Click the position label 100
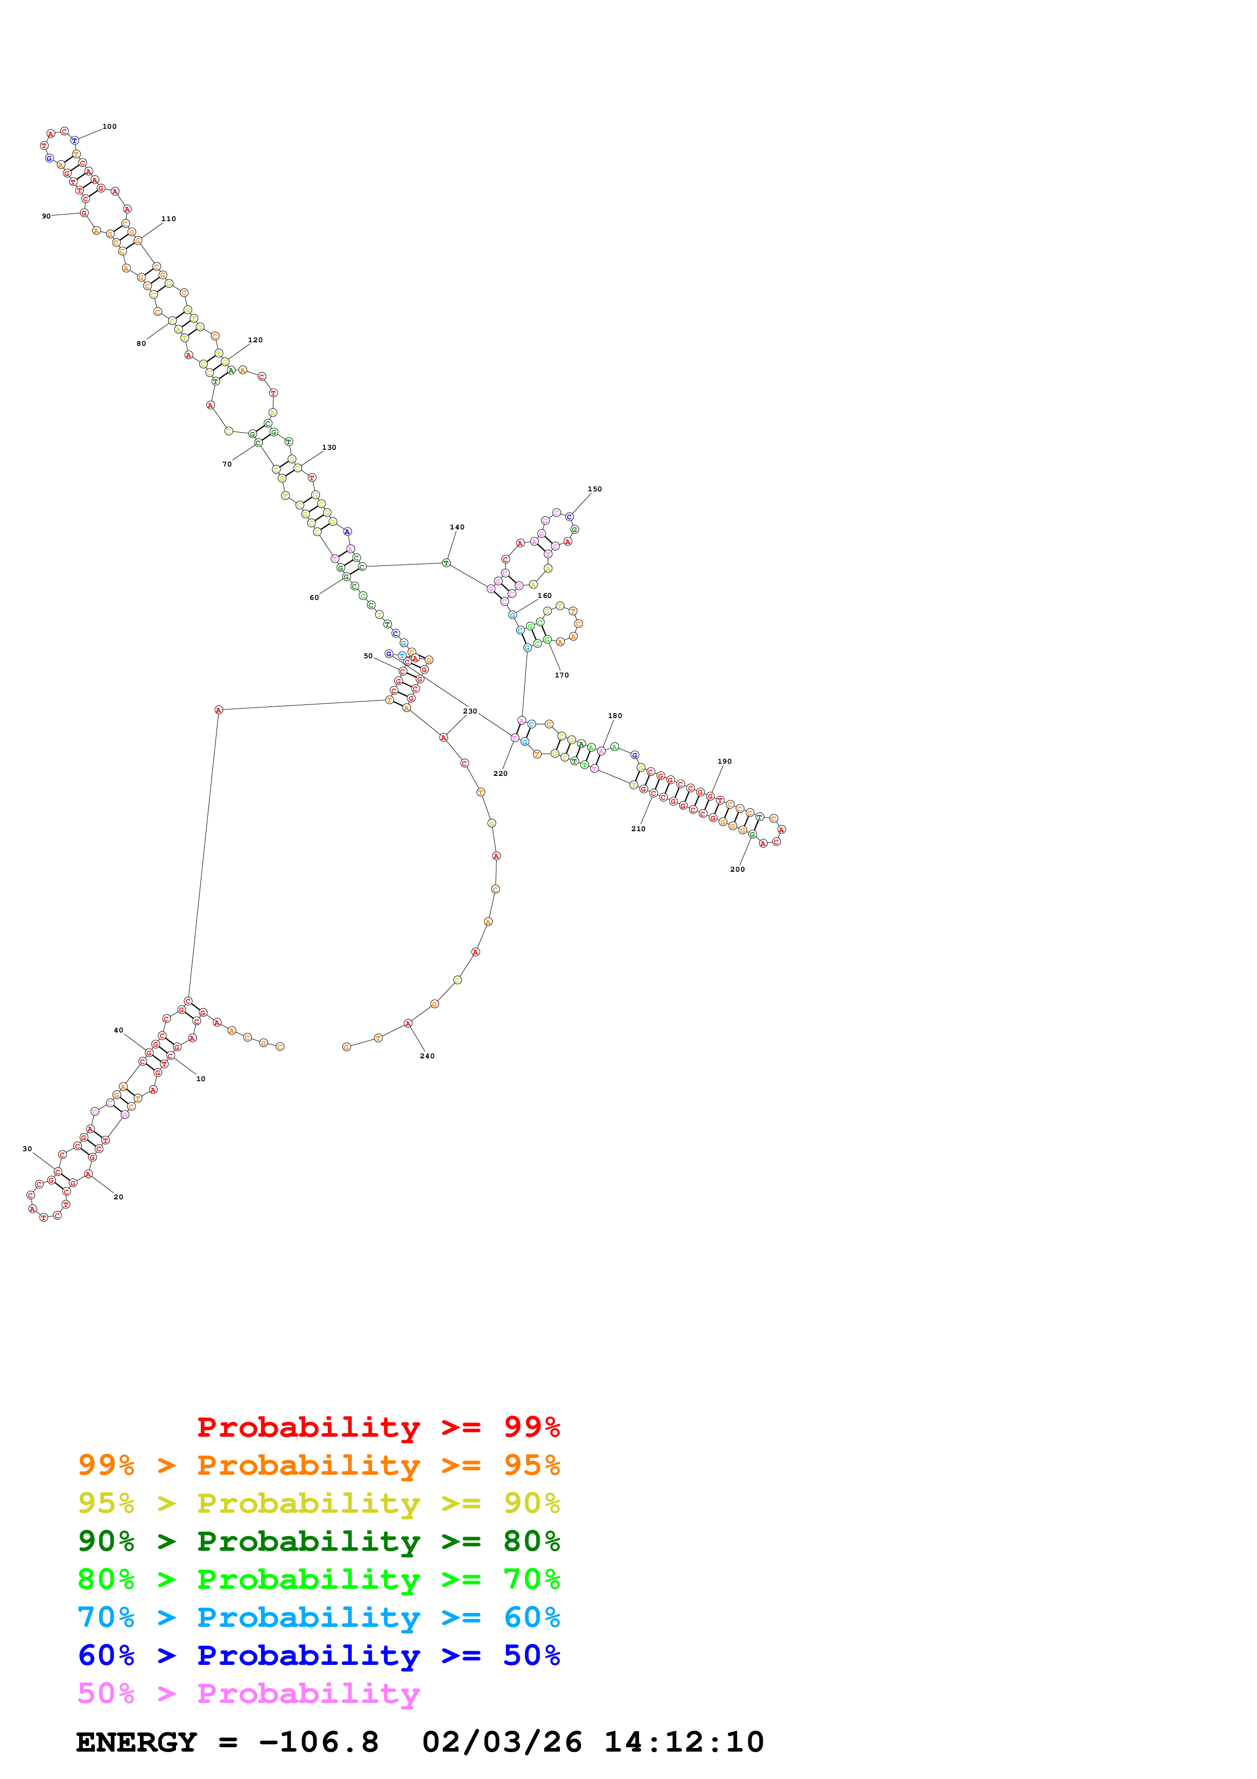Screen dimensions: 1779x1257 110,126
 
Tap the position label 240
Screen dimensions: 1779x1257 427,1056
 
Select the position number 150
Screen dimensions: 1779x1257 594,489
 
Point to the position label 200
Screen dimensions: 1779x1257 737,869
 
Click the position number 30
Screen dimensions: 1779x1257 27,1149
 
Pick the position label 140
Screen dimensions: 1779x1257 457,527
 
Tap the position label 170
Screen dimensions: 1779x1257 561,675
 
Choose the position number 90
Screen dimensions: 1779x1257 47,216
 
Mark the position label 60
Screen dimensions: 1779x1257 314,597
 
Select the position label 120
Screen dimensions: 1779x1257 255,340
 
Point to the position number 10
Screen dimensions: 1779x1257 201,1079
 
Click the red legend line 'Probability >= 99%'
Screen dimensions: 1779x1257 378,1427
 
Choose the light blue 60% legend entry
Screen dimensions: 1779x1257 318,1617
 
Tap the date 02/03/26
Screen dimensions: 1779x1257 502,1742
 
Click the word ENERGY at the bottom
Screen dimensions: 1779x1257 136,1742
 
